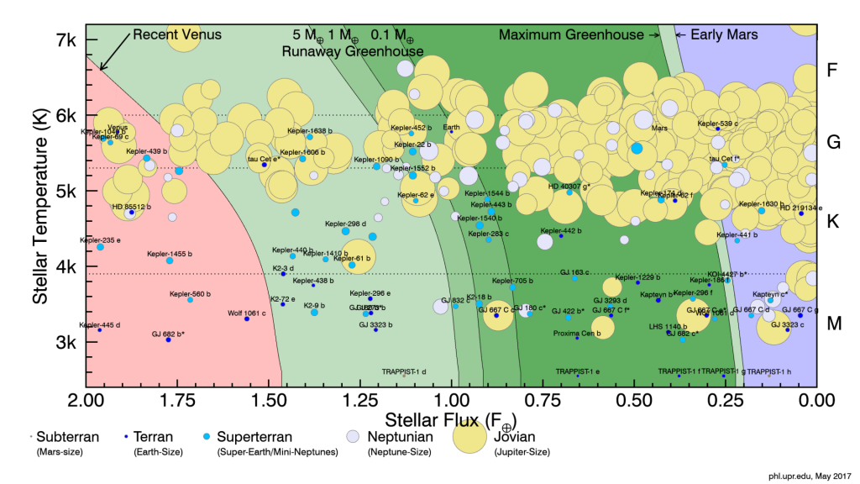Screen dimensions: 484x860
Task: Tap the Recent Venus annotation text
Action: point(176,34)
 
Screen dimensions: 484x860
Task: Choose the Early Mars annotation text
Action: point(724,34)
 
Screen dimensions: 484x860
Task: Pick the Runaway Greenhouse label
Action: point(353,50)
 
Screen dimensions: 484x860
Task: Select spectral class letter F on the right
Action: point(832,70)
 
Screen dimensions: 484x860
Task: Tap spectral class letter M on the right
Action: point(832,324)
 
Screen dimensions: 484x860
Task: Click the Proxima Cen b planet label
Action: point(576,333)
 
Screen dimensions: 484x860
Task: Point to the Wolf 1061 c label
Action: point(246,313)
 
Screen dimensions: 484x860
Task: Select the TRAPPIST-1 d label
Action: point(404,371)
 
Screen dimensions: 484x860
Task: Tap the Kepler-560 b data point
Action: point(190,300)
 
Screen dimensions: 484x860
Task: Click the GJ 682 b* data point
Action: point(168,339)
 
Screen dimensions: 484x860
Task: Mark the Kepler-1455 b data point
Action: point(170,260)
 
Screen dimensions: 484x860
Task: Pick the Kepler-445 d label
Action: point(100,324)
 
